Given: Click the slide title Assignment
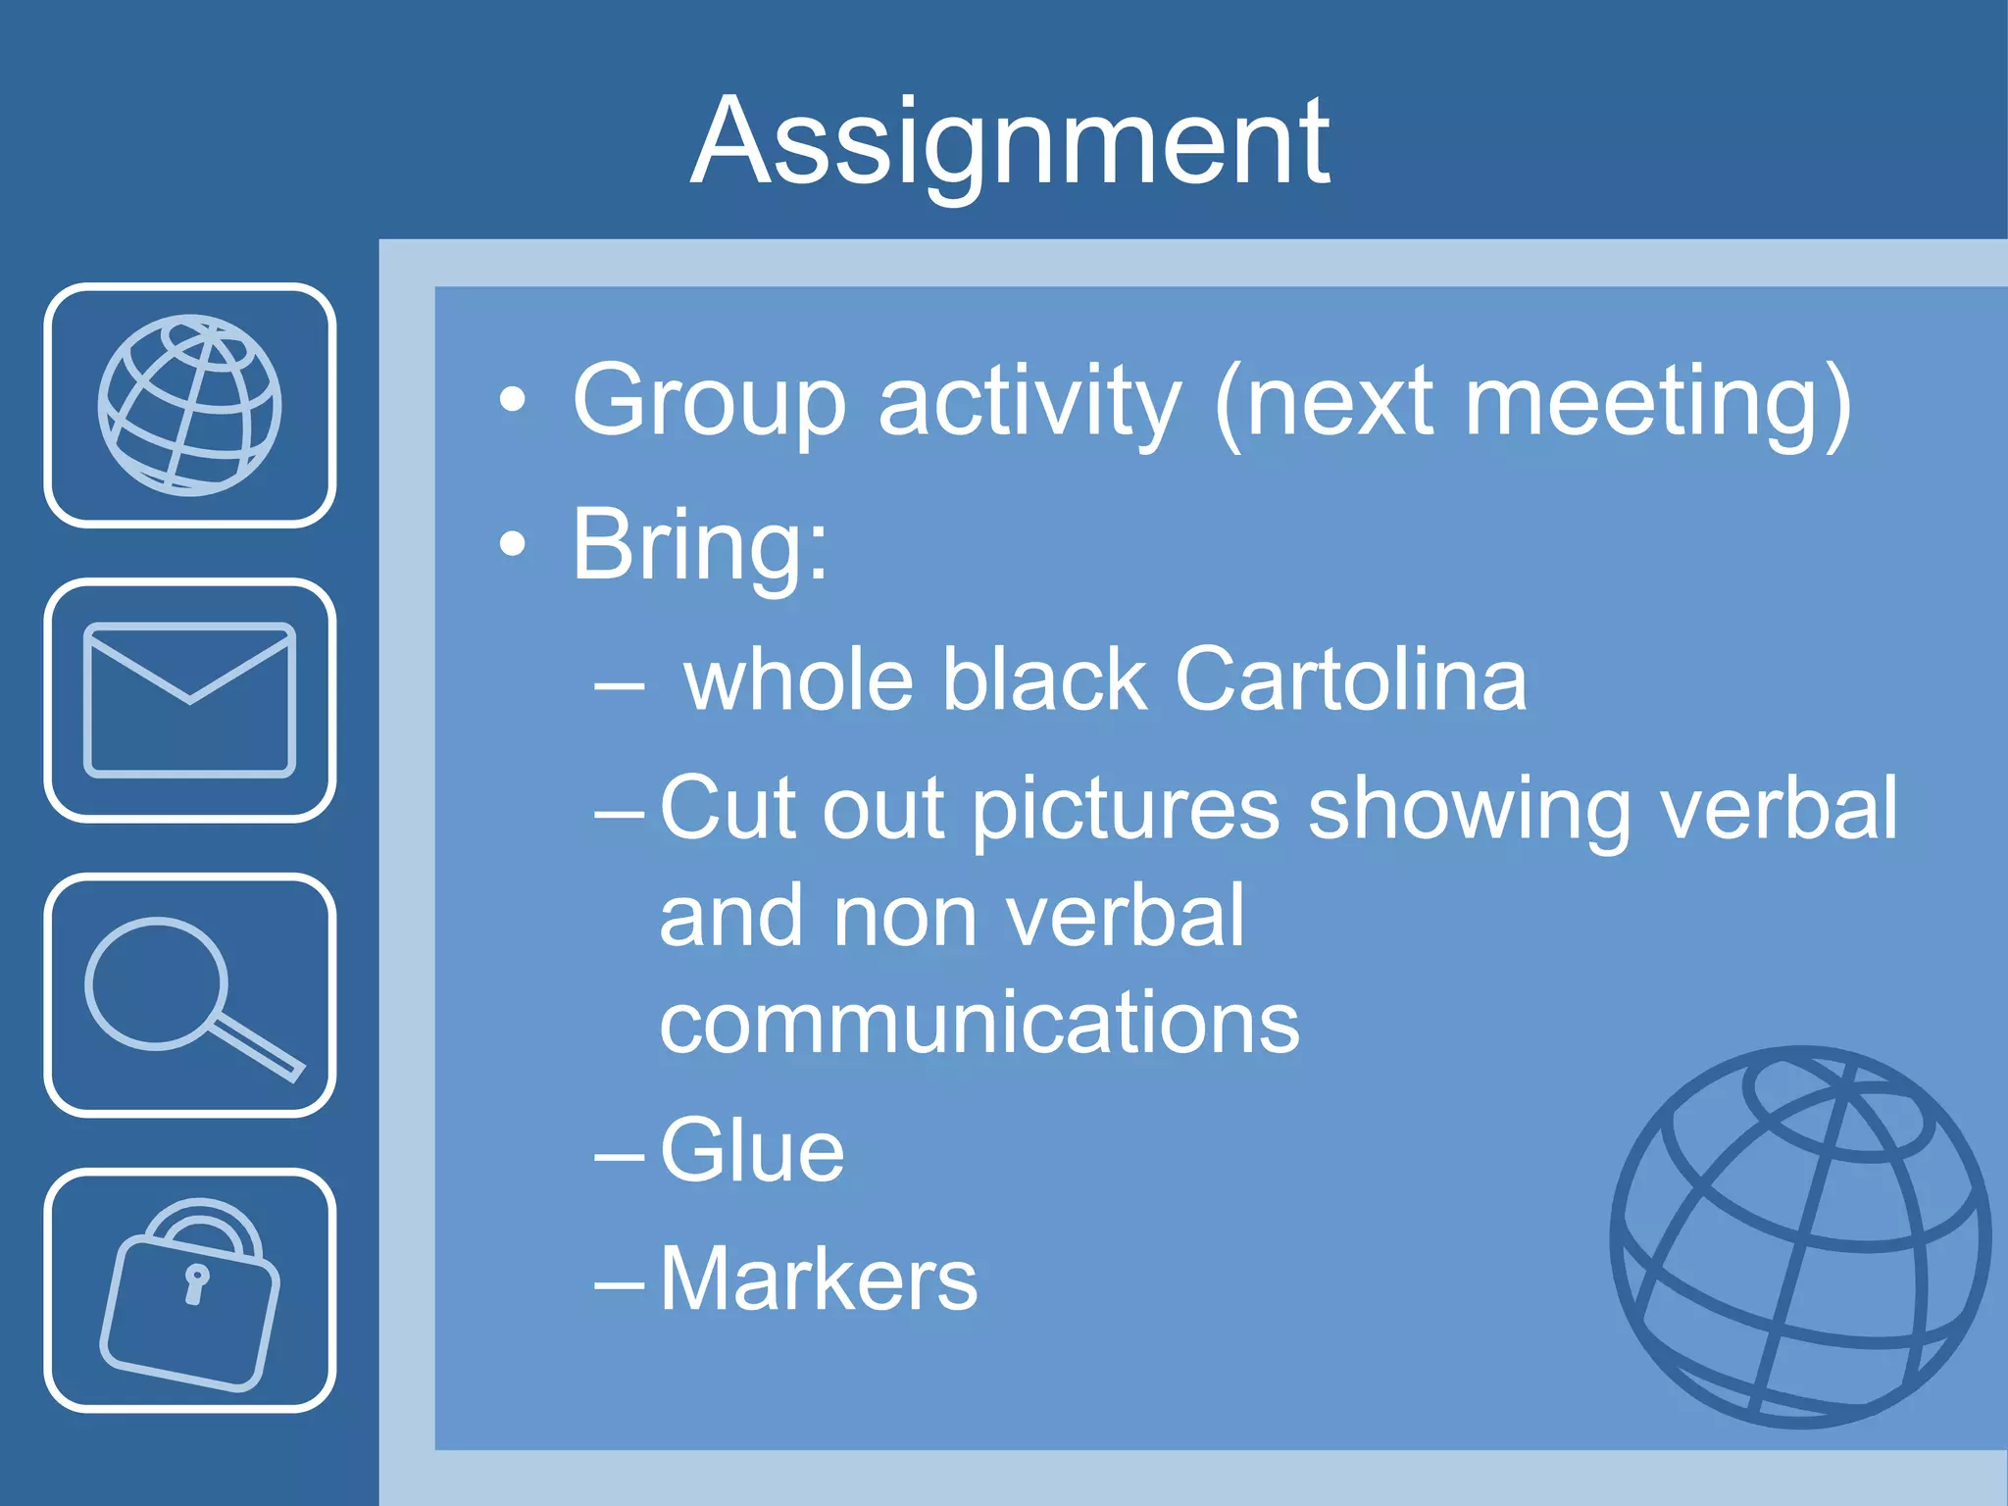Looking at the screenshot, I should click(x=1010, y=142).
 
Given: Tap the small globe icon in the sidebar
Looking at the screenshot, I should click(x=189, y=405).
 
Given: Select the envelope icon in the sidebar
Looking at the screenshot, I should click(x=189, y=699).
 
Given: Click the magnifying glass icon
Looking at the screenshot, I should click(x=189, y=995).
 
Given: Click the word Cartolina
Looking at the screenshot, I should click(x=1350, y=679).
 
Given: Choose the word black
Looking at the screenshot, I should click(x=1044, y=679).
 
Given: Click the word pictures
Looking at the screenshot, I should click(x=1126, y=809).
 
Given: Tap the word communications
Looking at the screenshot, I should click(x=979, y=1023).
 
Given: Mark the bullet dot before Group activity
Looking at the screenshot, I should click(x=512, y=401).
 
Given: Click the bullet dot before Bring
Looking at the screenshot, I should click(x=512, y=545).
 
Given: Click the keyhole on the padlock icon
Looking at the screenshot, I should click(x=196, y=1282).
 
